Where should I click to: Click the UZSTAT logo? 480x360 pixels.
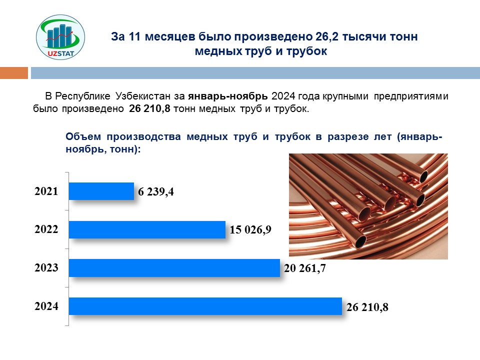(60, 37)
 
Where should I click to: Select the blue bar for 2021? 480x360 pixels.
(101, 191)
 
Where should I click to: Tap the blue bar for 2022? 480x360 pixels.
(147, 229)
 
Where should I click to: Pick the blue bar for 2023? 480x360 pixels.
(174, 267)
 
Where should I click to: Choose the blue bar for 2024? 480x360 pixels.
(205, 306)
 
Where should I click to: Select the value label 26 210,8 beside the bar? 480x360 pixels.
(367, 307)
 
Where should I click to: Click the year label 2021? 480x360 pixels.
(46, 191)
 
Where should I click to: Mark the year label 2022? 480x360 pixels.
(46, 229)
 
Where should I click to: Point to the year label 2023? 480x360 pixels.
(46, 268)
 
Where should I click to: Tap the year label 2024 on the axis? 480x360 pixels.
(46, 306)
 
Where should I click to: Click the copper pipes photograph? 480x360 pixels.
(368, 206)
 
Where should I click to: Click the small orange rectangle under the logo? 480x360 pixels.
(13, 73)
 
